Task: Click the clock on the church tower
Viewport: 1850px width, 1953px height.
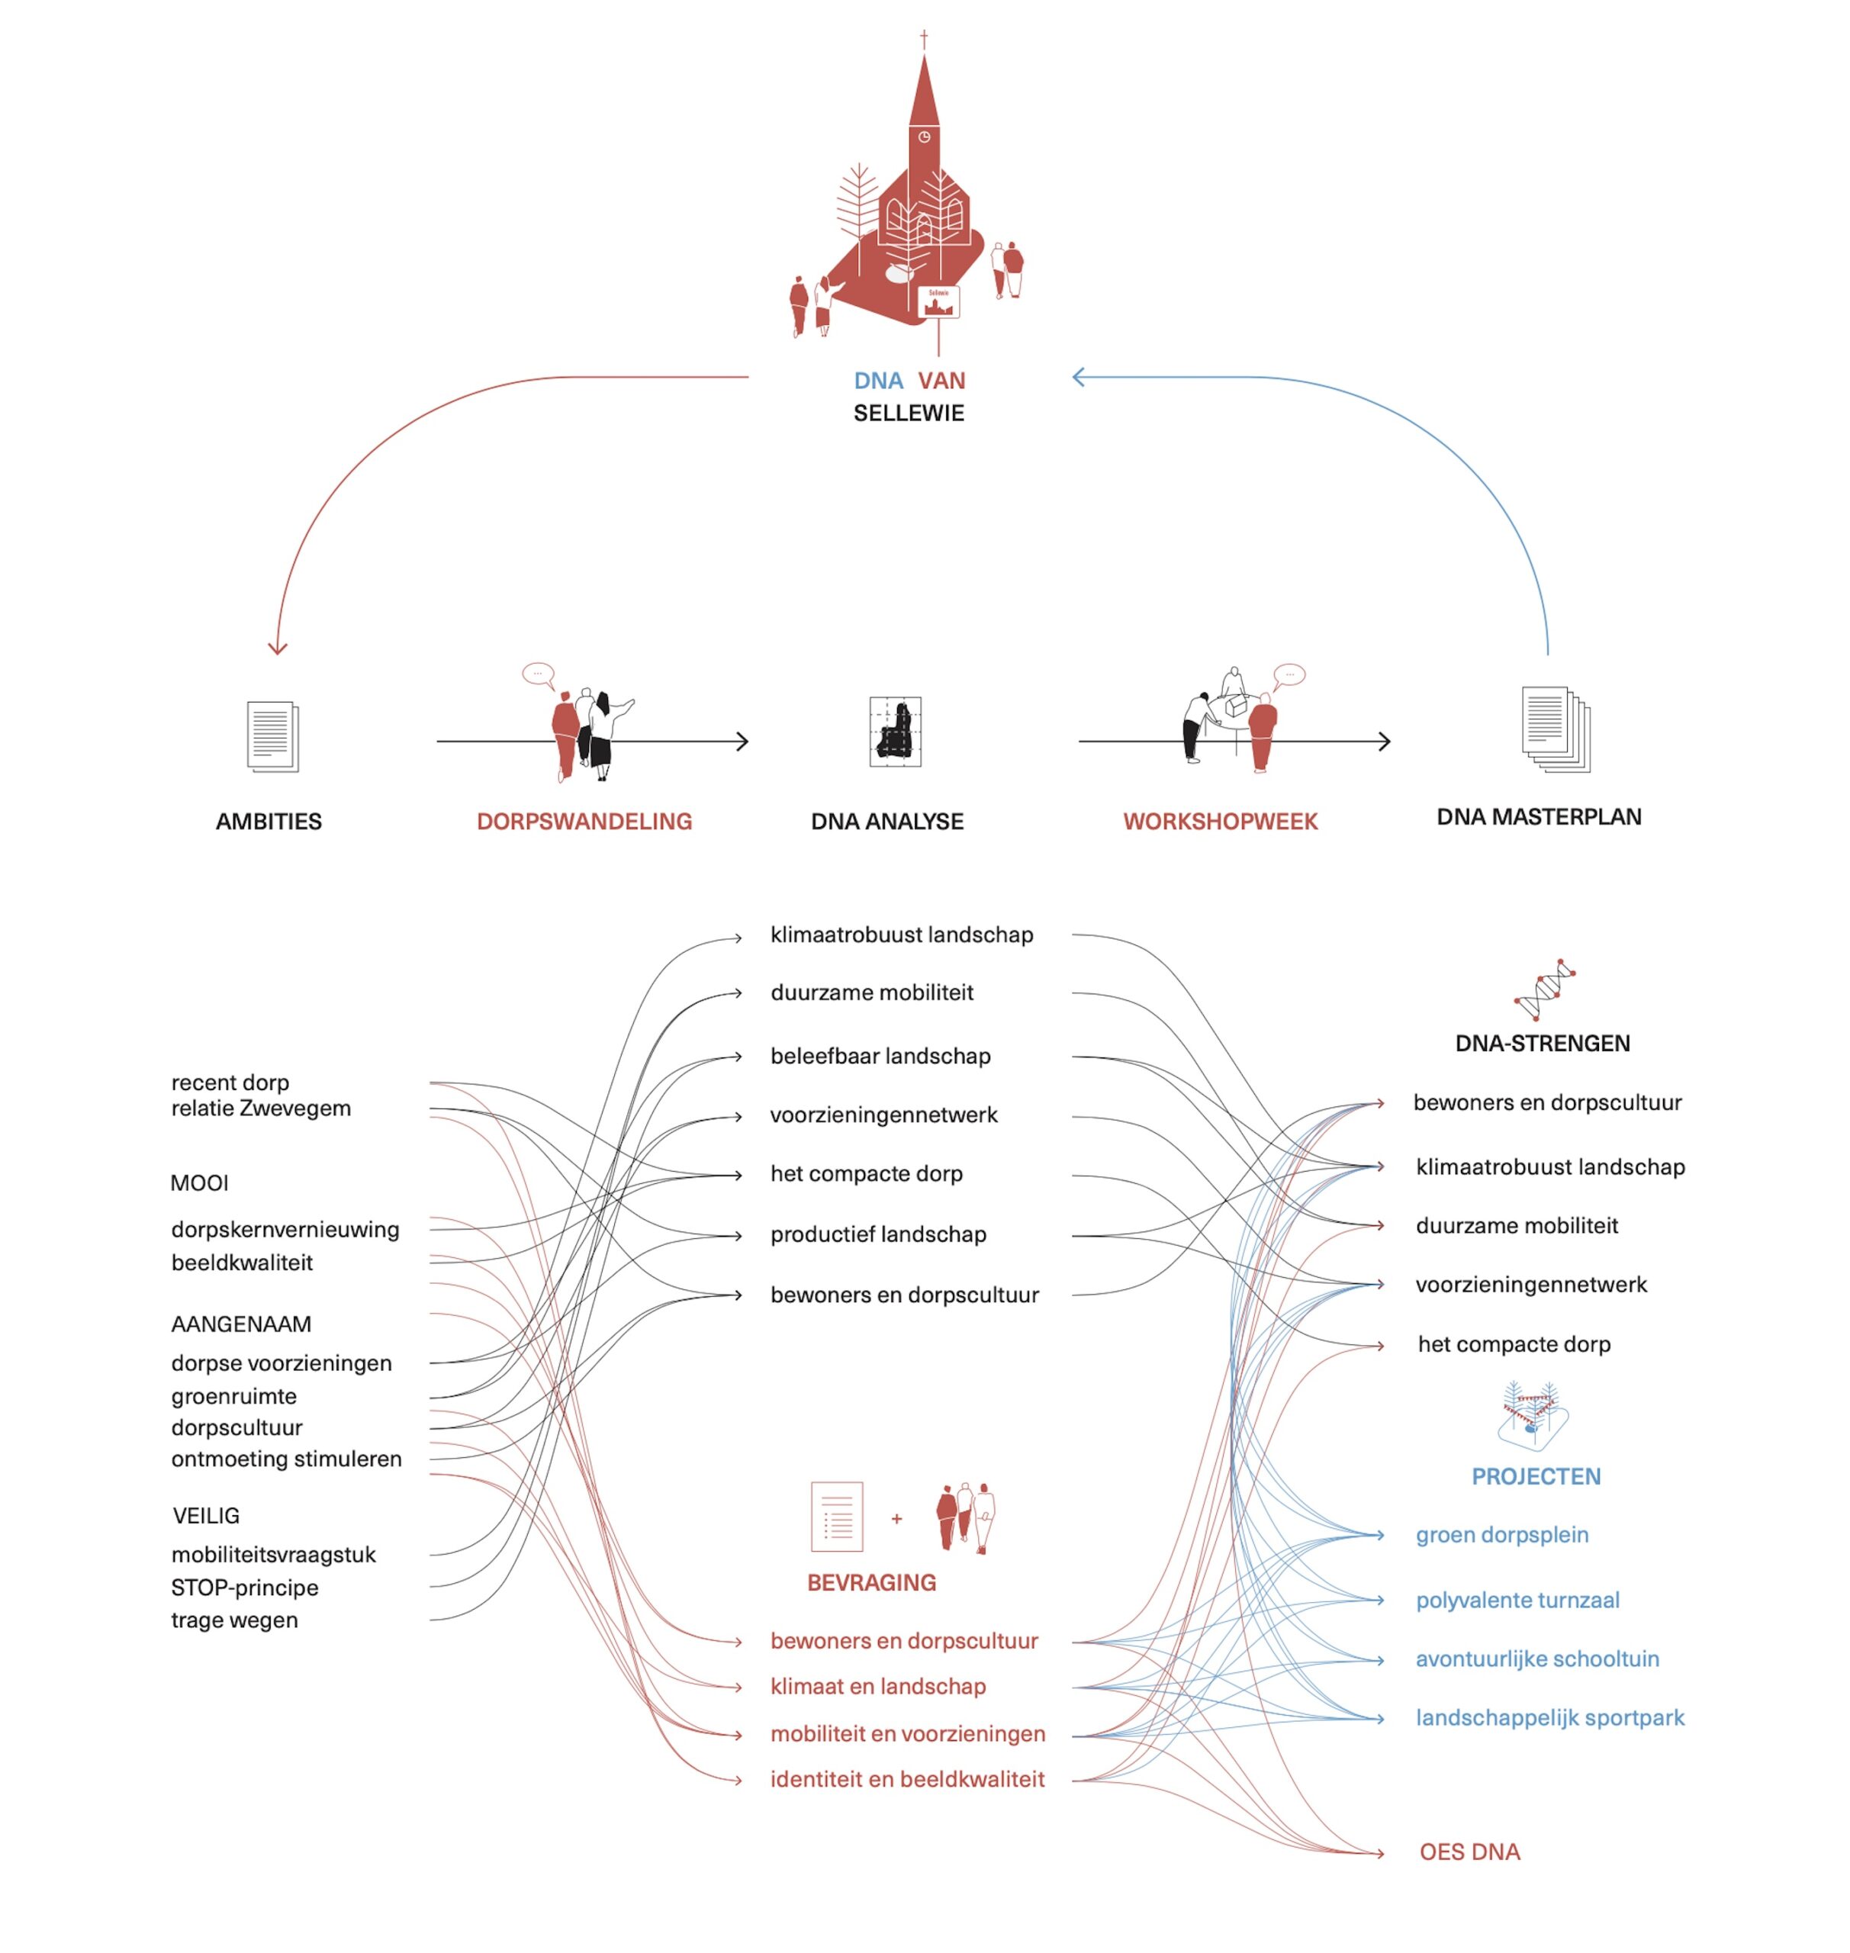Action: pos(924,137)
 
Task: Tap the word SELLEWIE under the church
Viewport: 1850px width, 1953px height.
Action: pos(909,413)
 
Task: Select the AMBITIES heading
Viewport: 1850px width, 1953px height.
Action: pos(269,822)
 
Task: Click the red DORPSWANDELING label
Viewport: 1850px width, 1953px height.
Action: pos(584,822)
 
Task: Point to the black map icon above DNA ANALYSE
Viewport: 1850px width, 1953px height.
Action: pos(894,732)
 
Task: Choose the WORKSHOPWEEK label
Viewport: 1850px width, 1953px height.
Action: pos(1220,822)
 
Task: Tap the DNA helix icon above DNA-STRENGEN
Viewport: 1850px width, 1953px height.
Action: pos(1544,989)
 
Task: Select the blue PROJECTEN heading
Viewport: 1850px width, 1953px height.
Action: pos(1536,1477)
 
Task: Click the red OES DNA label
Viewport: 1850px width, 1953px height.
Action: pos(1469,1852)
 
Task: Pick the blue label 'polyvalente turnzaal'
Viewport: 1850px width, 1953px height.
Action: pos(1517,1600)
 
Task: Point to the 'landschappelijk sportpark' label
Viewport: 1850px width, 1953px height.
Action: pos(1549,1717)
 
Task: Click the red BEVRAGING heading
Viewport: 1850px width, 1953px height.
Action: pos(870,1583)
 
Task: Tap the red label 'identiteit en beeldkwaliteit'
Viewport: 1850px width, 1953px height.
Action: pos(907,1779)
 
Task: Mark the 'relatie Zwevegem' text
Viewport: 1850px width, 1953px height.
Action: pos(260,1108)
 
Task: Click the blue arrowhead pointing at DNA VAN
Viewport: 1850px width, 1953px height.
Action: pos(1078,377)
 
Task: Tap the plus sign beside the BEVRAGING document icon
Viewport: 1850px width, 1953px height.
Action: pos(896,1519)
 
